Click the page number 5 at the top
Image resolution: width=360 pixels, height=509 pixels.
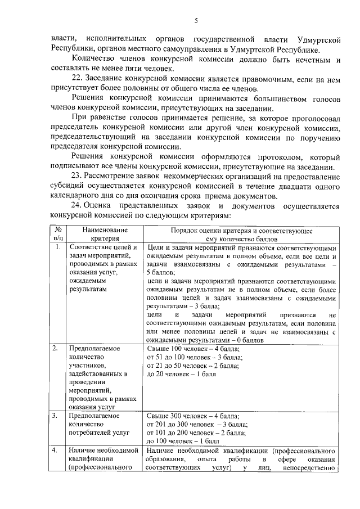tap(196, 21)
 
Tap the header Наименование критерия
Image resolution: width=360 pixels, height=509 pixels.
tap(105, 235)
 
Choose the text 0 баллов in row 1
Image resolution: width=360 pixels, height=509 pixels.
tap(257, 340)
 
